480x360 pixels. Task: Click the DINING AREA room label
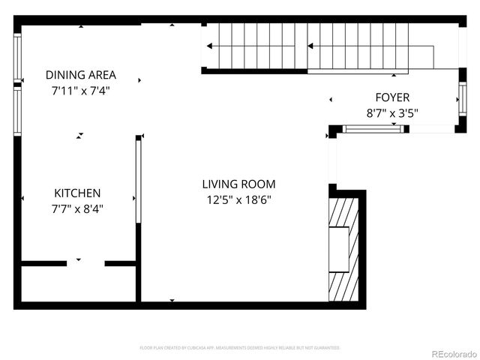(x=81, y=75)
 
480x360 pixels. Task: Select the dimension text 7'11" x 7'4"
(x=81, y=91)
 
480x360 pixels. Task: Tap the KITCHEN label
(x=77, y=193)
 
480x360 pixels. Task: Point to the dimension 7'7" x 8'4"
(x=77, y=209)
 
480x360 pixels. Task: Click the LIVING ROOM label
(x=238, y=184)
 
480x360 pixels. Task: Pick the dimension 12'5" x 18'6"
(x=238, y=199)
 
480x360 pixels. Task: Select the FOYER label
(x=392, y=97)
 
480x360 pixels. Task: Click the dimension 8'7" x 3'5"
(x=392, y=113)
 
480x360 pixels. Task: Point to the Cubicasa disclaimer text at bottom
(x=240, y=348)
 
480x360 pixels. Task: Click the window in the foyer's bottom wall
(x=373, y=129)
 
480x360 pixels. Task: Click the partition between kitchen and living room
(x=138, y=180)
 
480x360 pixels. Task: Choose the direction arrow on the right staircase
(x=312, y=46)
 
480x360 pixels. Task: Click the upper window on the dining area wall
(x=17, y=57)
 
